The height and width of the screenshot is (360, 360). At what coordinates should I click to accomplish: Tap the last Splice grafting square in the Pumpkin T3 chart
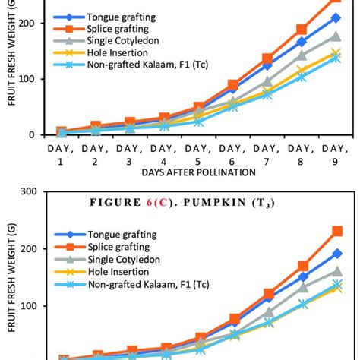point(336,231)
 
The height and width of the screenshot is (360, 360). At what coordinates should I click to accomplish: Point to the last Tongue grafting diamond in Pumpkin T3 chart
point(336,254)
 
